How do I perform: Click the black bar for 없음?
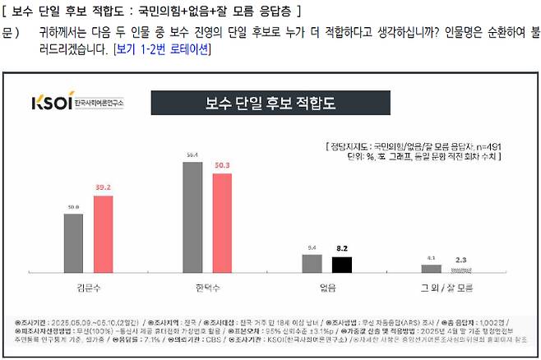(x=341, y=265)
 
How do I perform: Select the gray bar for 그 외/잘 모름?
(x=431, y=268)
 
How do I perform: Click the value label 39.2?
(x=103, y=188)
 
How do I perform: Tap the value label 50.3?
(x=222, y=166)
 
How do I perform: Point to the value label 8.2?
(x=341, y=247)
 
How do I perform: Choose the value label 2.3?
(x=461, y=260)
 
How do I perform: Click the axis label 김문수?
(x=88, y=288)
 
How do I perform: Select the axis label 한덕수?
(x=207, y=288)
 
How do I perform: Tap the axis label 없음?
(x=326, y=288)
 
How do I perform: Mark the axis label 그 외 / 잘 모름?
(x=446, y=288)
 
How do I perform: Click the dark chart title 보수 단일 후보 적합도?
(x=270, y=104)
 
